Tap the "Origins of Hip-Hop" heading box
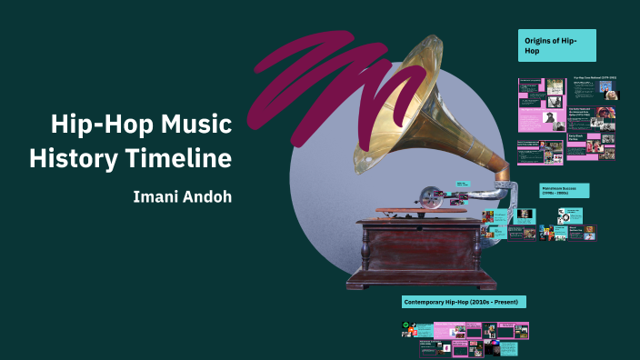click(x=556, y=45)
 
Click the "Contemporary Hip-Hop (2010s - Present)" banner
click(x=465, y=302)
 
